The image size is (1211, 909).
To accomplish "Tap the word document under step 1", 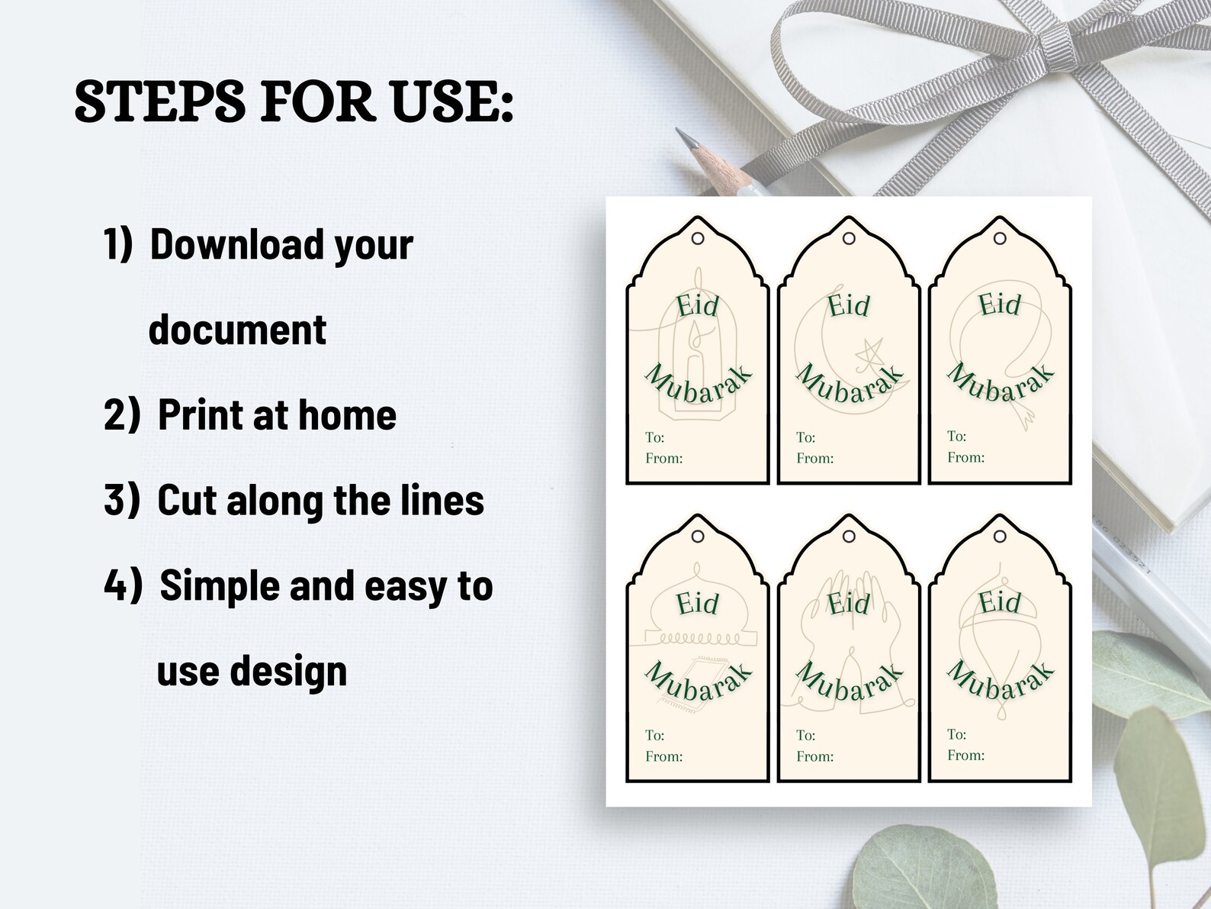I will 237,330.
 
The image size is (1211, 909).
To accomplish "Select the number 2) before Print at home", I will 122,415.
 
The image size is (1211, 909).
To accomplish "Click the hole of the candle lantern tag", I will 698,239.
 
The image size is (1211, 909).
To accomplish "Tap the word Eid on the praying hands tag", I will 849,604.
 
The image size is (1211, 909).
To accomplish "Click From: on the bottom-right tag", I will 965,756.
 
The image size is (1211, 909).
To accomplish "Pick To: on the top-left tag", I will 654,437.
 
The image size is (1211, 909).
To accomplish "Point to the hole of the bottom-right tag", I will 1000,537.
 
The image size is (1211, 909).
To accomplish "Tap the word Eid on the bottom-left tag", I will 698,604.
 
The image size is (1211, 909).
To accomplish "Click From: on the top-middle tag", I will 814,459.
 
